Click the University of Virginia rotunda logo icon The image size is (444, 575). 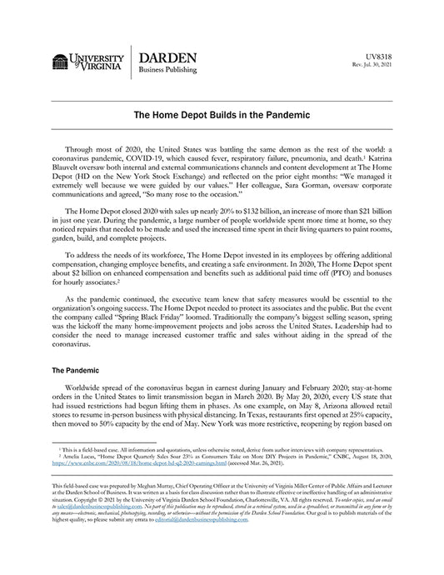(x=59, y=61)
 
